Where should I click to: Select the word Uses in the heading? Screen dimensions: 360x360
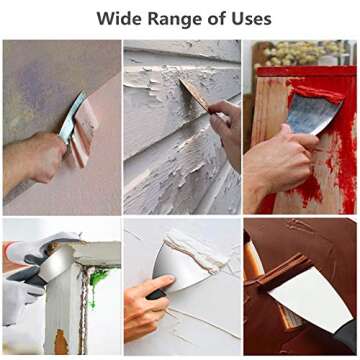point(252,19)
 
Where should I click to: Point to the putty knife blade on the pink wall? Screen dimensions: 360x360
point(72,117)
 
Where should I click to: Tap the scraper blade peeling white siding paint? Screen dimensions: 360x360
point(194,94)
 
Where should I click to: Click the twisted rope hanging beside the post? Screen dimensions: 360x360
point(84,307)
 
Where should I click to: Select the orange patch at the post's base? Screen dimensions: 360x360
point(61,342)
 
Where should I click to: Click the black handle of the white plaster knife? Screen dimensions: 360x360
point(156,295)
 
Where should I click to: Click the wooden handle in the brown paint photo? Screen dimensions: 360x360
point(251,260)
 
